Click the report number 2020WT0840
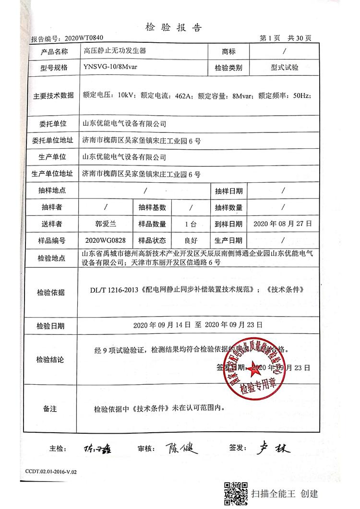83,37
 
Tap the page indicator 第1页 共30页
285,38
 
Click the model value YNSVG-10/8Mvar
110,67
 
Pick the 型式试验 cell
284,68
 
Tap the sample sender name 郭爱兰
105,224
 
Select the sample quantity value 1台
190,224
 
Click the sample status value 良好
190,240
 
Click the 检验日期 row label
50,326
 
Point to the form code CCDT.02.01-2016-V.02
48,472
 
